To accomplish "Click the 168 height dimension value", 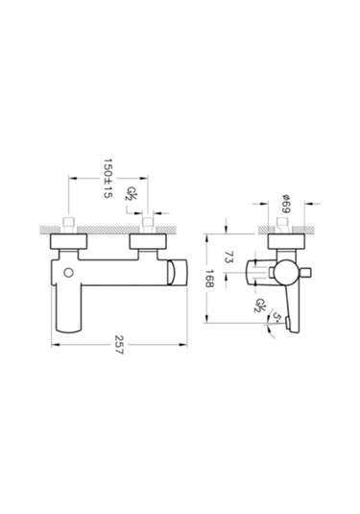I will [x=224, y=282].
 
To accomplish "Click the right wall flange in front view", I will [x=149, y=241].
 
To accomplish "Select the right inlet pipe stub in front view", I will [x=149, y=226].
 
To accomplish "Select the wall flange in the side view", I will [x=284, y=241].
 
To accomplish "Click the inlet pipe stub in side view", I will [x=284, y=226].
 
